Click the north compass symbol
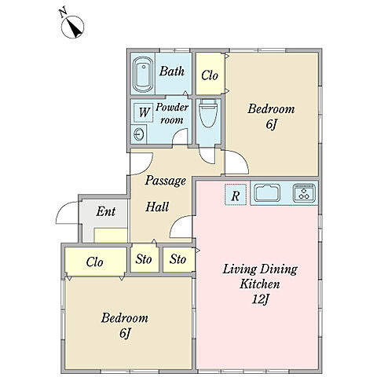[x=72, y=27]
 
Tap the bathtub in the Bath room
[x=143, y=74]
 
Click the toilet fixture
[x=208, y=113]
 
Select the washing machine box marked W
[x=144, y=112]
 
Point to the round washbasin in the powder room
[x=138, y=134]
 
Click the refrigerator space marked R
[x=236, y=195]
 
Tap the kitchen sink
[x=267, y=192]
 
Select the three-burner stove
[x=304, y=192]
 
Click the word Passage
[x=166, y=181]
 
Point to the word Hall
[x=157, y=207]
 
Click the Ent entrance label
[x=106, y=211]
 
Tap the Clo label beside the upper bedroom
[x=210, y=75]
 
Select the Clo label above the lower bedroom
[x=94, y=262]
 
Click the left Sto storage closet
[x=145, y=259]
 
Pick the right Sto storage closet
[x=179, y=259]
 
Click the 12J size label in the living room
[x=261, y=300]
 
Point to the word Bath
[x=172, y=71]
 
